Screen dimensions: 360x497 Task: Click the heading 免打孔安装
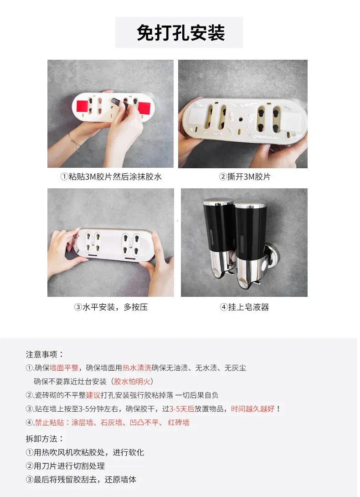coord(180,33)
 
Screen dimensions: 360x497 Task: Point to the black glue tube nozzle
coord(116,103)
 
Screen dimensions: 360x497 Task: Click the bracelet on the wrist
coord(74,143)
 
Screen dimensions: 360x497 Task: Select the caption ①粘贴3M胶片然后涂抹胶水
coord(111,176)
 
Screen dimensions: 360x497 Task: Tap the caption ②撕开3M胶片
coord(245,176)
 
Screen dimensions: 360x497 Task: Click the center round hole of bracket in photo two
coord(241,120)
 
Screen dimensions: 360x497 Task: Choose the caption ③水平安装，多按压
coord(111,307)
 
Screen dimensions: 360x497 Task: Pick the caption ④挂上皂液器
coord(244,307)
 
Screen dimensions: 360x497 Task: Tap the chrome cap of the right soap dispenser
coord(250,205)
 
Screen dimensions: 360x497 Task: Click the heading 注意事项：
coord(45,354)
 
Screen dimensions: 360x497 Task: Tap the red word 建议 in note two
coord(93,395)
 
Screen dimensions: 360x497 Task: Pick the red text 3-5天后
coord(181,409)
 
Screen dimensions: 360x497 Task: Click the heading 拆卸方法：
coord(45,439)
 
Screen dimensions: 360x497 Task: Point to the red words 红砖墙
coord(179,422)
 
